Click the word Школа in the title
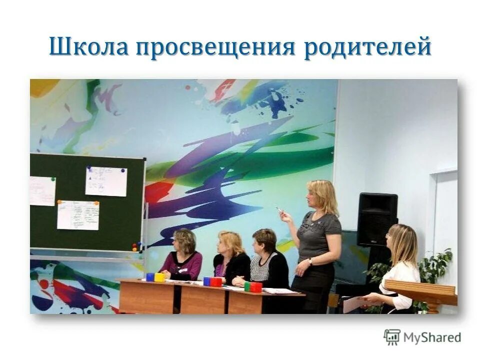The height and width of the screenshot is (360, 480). pyautogui.click(x=88, y=47)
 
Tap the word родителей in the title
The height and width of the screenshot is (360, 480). pyautogui.click(x=367, y=47)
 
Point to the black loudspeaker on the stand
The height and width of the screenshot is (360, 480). pyautogui.click(x=377, y=219)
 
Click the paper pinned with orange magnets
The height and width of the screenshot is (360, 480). pyautogui.click(x=78, y=215)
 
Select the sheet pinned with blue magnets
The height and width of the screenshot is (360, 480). pyautogui.click(x=106, y=181)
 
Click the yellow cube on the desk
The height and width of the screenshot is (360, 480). pyautogui.click(x=159, y=277)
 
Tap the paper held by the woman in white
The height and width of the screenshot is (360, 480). pyautogui.click(x=354, y=303)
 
